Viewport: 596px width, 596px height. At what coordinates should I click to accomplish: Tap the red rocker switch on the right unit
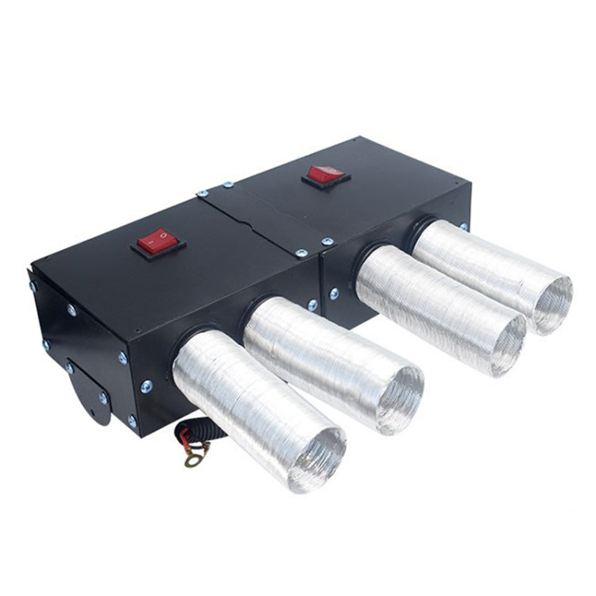(326, 174)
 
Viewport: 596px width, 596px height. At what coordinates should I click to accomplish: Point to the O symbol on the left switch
(165, 236)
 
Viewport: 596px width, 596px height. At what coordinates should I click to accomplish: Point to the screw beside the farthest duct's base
(463, 226)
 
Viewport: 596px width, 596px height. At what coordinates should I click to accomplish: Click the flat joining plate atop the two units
(262, 214)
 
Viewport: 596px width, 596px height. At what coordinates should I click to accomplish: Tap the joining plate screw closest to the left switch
(202, 193)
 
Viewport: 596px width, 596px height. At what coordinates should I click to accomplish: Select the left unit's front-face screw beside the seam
(312, 306)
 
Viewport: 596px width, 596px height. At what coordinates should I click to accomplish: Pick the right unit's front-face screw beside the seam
(334, 294)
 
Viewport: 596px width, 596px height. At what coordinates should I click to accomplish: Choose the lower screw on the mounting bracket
(103, 398)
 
